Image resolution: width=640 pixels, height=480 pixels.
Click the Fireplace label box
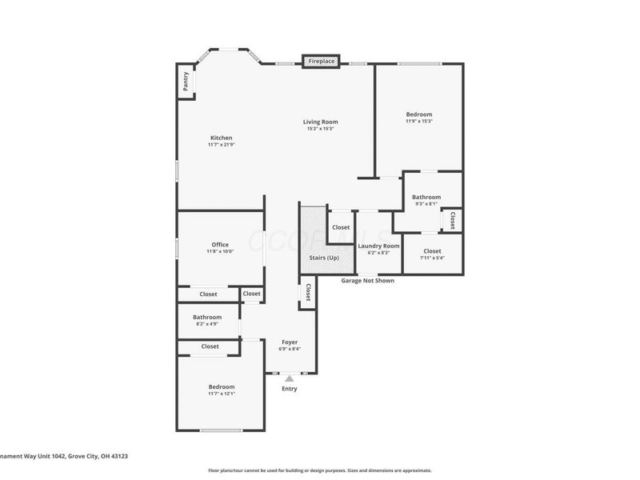click(x=322, y=62)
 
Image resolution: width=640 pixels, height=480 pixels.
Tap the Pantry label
click(x=186, y=82)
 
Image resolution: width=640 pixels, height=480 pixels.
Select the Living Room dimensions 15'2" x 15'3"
click(x=320, y=129)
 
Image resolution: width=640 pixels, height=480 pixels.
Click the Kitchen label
click(x=221, y=138)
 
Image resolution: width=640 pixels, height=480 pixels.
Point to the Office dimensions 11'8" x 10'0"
click(x=220, y=251)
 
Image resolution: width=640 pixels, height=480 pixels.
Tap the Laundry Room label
click(x=378, y=246)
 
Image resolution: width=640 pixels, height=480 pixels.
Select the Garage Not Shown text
click(x=367, y=281)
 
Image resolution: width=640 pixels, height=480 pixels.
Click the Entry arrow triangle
click(x=289, y=378)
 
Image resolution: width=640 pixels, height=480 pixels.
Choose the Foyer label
click(x=289, y=342)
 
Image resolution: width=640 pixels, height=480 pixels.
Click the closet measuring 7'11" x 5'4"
click(x=432, y=254)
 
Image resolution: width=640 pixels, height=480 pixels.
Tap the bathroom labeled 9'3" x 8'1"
click(x=426, y=200)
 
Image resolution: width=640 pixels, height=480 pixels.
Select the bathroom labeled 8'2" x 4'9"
click(x=206, y=320)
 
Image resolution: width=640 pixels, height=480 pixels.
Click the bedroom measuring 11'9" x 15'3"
click(x=418, y=118)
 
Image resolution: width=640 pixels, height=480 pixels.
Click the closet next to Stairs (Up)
click(x=341, y=227)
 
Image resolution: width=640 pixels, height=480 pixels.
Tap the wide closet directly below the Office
click(x=208, y=294)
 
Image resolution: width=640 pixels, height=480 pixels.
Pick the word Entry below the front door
click(x=289, y=389)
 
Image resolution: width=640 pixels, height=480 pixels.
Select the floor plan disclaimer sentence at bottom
click(x=319, y=470)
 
